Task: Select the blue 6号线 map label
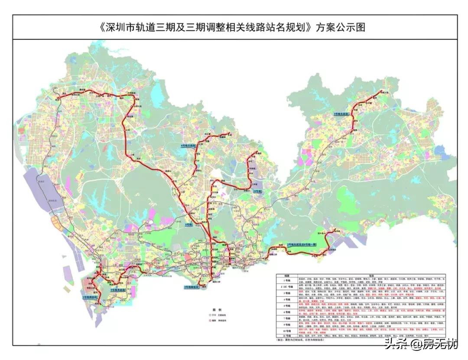coord(188,225)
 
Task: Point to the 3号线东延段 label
coord(342,113)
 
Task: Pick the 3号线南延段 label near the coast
coord(192,287)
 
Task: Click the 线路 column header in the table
coord(286,275)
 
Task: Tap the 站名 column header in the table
coord(371,275)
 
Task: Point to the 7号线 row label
coord(286,319)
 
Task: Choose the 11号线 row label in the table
coord(286,336)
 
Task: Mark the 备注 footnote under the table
coord(303,340)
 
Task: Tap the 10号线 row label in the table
coord(286,331)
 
